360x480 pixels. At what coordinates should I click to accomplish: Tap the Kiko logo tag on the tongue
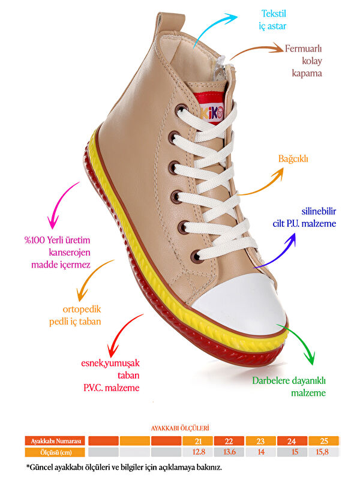(211, 112)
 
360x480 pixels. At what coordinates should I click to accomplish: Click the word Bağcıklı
(293, 159)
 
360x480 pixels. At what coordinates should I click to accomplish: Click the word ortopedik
(74, 310)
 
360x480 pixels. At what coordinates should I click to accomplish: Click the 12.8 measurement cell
(197, 452)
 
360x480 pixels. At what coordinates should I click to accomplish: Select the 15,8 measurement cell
(323, 452)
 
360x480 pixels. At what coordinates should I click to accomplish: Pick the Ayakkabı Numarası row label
(56, 441)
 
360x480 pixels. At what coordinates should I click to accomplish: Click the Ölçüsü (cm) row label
(56, 452)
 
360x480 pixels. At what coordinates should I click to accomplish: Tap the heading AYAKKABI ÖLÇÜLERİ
(179, 428)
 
